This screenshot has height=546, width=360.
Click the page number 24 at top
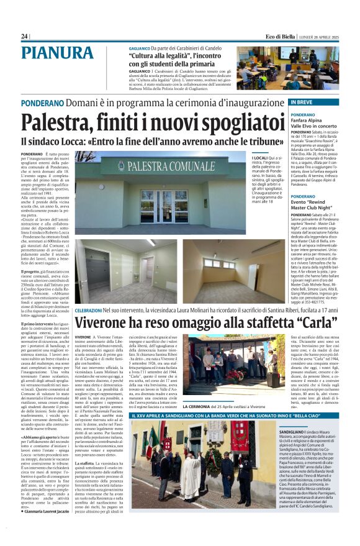[24, 37]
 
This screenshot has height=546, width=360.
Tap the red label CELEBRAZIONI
[93, 309]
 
